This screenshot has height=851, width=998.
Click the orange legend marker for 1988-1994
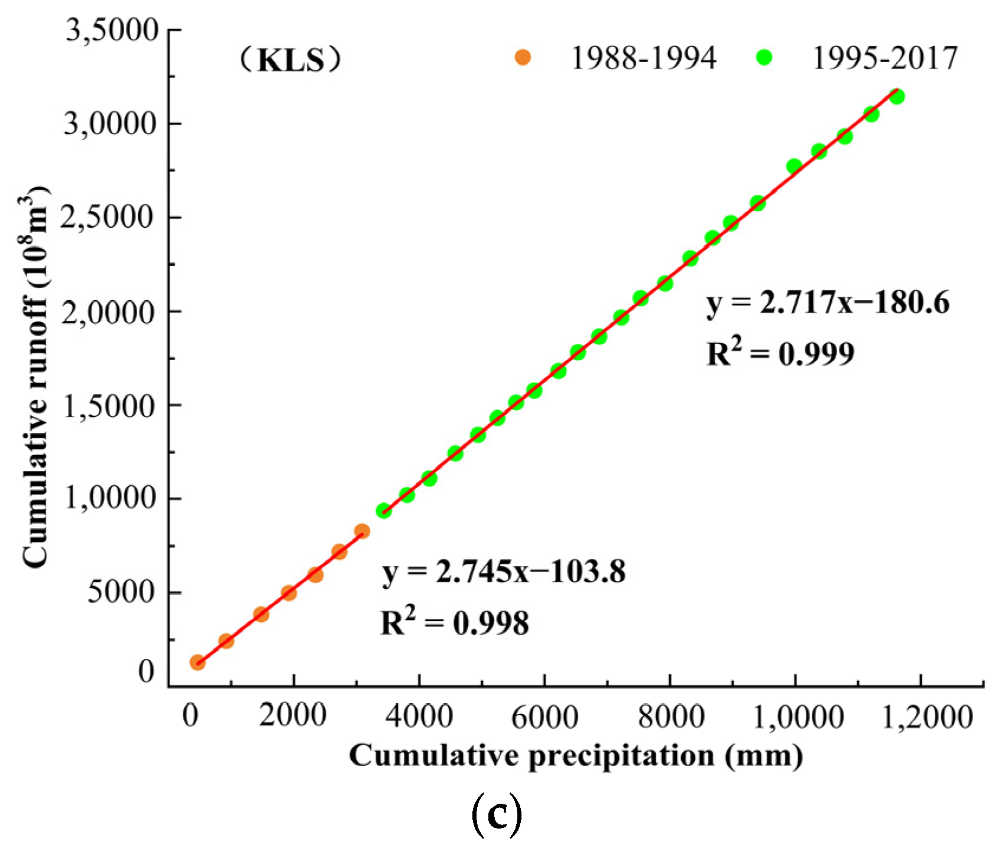[523, 57]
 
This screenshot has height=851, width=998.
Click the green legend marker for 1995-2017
[764, 57]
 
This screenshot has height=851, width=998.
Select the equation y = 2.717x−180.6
[828, 303]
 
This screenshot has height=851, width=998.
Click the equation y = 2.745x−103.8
[504, 572]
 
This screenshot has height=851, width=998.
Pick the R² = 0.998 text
[454, 623]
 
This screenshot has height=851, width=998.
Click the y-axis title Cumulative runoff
[35, 378]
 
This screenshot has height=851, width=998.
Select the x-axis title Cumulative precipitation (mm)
[576, 756]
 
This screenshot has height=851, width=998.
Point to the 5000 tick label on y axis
[121, 592]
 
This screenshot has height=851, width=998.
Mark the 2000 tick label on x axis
[293, 716]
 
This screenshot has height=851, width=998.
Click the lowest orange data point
[197, 662]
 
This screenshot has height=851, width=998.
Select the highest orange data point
[362, 531]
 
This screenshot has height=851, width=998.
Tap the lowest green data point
[384, 511]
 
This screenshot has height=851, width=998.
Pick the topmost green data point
[896, 96]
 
